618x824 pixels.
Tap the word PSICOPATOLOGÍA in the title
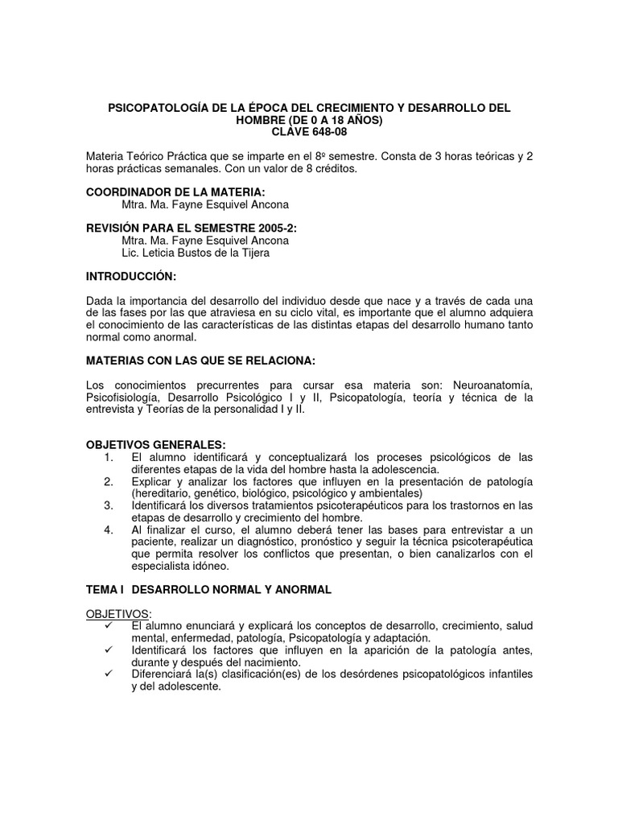(x=158, y=108)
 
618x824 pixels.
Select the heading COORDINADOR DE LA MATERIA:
(x=175, y=192)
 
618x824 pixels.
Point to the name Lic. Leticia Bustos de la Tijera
(x=196, y=252)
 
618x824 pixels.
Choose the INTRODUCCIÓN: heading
(x=131, y=276)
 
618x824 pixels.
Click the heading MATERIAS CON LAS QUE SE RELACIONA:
(x=201, y=360)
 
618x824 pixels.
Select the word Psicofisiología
(x=126, y=397)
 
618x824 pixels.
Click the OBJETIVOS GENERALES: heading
(x=156, y=445)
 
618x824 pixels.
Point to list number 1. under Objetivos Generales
(x=109, y=458)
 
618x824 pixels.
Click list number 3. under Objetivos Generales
(x=109, y=506)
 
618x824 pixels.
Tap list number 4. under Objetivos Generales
(x=109, y=530)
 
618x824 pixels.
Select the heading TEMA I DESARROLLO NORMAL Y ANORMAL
(x=208, y=589)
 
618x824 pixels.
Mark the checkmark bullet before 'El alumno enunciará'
(x=109, y=626)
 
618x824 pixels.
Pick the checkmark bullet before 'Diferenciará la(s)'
(x=109, y=674)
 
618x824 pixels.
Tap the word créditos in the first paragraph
(x=330, y=169)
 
